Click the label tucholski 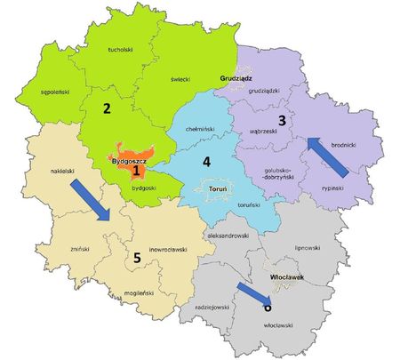tap(118, 51)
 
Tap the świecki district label tap(180, 78)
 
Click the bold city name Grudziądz tap(236, 78)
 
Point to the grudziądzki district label tap(264, 91)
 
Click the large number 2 tap(106, 109)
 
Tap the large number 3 tap(282, 120)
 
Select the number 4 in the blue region tap(206, 162)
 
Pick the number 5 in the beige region tap(136, 258)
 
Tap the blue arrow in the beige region tap(91, 199)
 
